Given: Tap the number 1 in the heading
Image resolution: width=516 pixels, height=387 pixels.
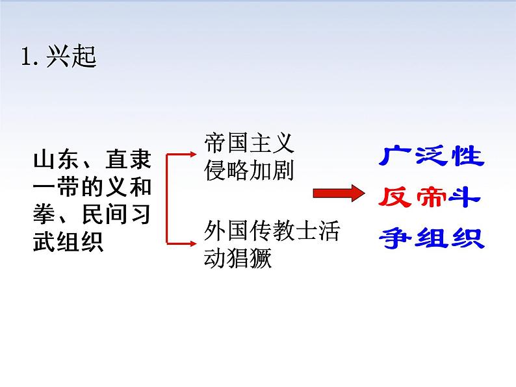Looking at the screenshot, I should [x=27, y=58].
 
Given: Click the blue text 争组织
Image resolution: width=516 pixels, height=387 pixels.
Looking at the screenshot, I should [x=432, y=238].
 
